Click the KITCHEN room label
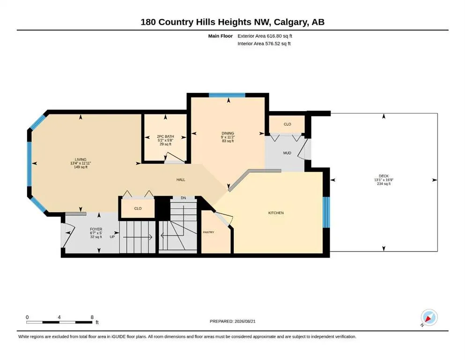[276, 213]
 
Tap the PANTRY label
[208, 232]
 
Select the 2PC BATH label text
[165, 136]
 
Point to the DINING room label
[228, 133]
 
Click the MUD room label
[287, 153]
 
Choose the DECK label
[384, 176]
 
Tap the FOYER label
[96, 229]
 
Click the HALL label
[181, 180]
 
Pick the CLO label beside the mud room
[288, 124]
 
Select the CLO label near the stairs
[138, 208]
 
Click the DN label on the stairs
[183, 198]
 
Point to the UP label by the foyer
[112, 237]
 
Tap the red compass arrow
[428, 319]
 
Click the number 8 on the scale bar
[92, 317]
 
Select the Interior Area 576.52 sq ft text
[264, 44]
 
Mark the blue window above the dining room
[227, 95]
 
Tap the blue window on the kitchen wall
[326, 212]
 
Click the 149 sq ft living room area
[81, 167]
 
